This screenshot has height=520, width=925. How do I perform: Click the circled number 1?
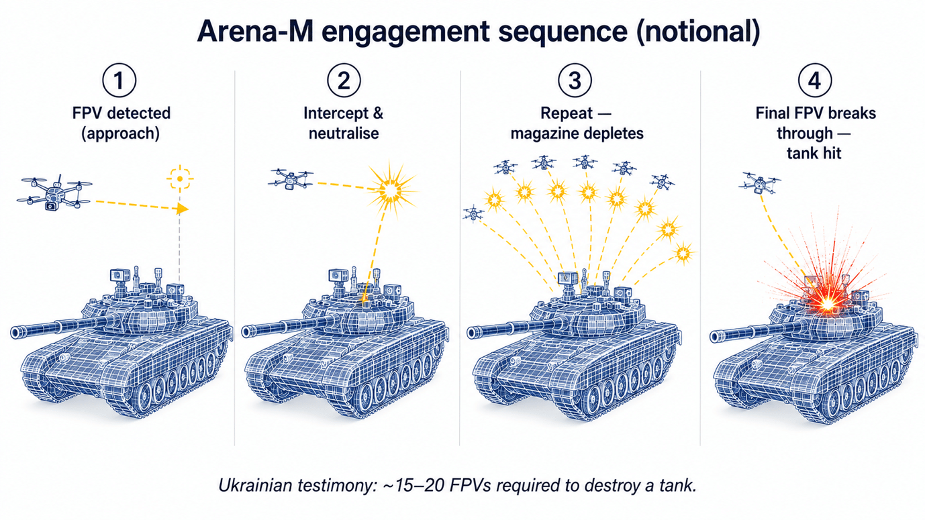tap(119, 81)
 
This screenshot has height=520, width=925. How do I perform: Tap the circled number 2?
tap(344, 81)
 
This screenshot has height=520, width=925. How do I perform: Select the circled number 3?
tap(575, 81)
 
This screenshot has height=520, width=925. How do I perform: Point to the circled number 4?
tap(814, 81)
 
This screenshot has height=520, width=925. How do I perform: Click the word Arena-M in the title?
tap(256, 32)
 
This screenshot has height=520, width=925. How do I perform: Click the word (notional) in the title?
tap(698, 32)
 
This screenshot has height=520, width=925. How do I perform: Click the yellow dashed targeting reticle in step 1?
tap(180, 178)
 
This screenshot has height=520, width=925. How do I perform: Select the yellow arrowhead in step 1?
tap(182, 209)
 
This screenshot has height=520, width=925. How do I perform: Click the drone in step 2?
tap(291, 178)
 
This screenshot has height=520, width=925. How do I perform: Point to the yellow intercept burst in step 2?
tap(391, 191)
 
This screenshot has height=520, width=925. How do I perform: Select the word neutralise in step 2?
tap(344, 134)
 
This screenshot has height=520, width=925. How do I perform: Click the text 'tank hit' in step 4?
tap(814, 153)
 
